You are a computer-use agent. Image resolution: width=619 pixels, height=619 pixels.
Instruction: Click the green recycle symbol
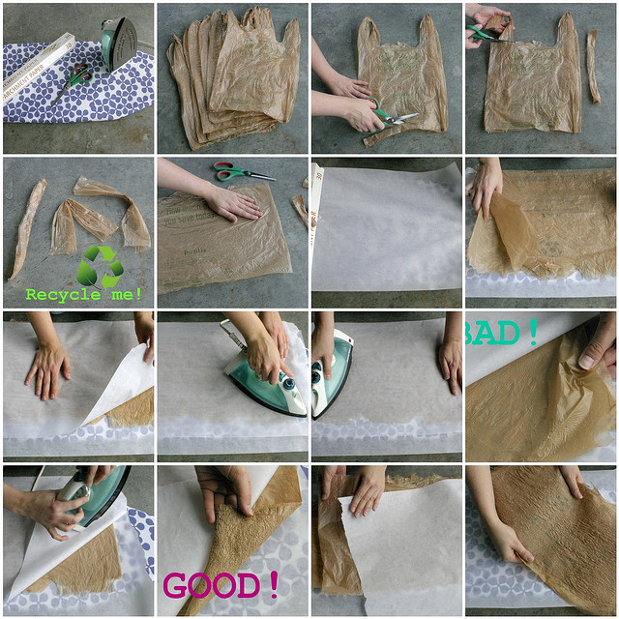point(100,265)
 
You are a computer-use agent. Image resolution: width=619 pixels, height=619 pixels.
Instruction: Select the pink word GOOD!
point(221,585)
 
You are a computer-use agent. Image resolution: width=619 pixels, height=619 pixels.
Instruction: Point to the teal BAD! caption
point(503,332)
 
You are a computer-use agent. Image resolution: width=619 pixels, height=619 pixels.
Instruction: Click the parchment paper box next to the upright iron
point(38,54)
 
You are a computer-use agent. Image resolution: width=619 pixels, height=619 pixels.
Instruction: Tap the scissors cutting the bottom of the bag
point(394,117)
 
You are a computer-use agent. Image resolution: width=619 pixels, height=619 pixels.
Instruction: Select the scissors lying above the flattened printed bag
point(242,173)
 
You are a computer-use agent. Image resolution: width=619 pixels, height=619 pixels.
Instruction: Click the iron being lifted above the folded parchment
point(87,494)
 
